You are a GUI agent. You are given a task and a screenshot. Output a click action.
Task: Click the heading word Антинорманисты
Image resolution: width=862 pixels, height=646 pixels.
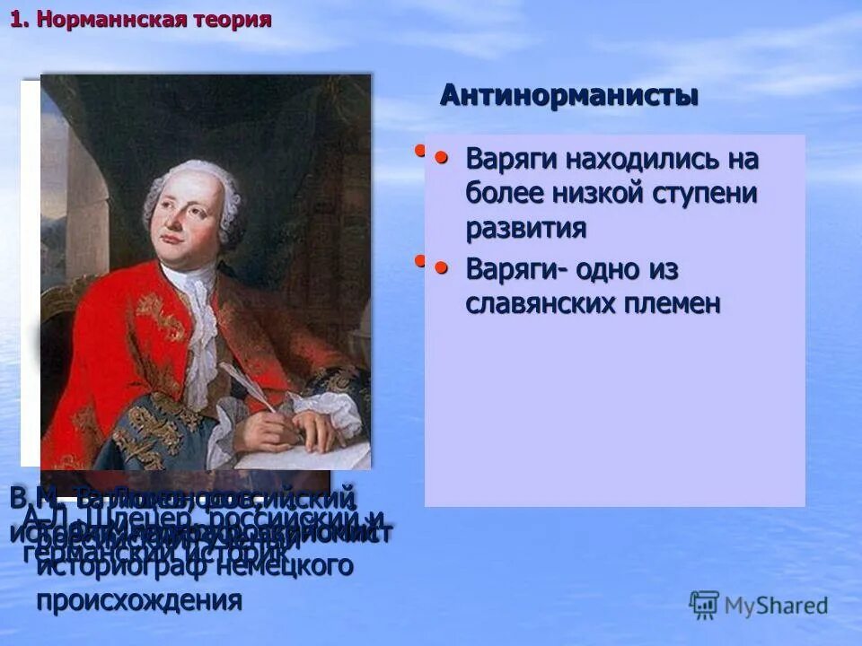pyautogui.click(x=568, y=95)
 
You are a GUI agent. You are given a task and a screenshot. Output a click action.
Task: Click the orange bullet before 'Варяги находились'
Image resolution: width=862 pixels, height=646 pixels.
pyautogui.click(x=442, y=158)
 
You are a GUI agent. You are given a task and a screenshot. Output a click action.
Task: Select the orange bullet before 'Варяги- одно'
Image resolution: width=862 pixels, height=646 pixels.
pyautogui.click(x=442, y=267)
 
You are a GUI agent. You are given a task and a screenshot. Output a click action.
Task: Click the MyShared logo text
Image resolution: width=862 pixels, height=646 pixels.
pyautogui.click(x=776, y=606)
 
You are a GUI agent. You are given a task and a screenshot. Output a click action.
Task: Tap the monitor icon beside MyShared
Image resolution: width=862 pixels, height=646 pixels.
pyautogui.click(x=704, y=605)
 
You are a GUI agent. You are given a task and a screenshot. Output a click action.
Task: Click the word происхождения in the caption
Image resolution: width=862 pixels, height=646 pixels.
pyautogui.click(x=139, y=600)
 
